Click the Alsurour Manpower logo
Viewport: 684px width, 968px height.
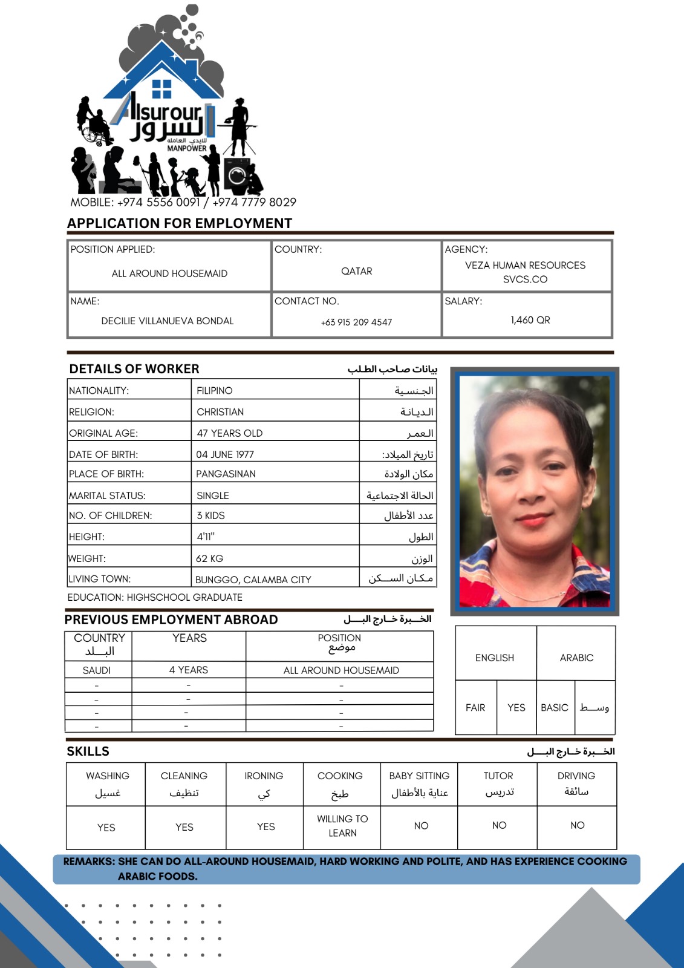(x=166, y=106)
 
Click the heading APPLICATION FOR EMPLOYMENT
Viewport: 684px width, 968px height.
(x=180, y=223)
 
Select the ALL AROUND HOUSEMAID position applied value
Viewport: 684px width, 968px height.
(x=169, y=273)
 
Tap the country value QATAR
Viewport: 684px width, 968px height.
(x=357, y=271)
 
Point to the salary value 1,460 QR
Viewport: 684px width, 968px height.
(x=530, y=320)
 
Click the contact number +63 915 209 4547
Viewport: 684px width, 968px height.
(x=356, y=322)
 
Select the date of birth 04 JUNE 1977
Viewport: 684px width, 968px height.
(x=225, y=454)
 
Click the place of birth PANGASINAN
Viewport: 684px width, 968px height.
(x=226, y=474)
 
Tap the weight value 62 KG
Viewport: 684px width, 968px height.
(x=209, y=558)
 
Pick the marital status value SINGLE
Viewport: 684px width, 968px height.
(x=213, y=495)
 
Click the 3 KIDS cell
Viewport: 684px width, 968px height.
(x=210, y=515)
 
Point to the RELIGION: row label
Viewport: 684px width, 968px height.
(x=91, y=412)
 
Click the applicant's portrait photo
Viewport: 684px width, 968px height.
(x=535, y=491)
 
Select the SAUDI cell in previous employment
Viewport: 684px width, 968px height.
(x=97, y=670)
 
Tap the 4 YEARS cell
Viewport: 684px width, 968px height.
(x=189, y=670)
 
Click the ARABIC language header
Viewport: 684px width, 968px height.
(x=576, y=658)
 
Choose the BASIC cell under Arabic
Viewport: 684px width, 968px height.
(x=555, y=707)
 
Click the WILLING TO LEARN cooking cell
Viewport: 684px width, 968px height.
(x=342, y=826)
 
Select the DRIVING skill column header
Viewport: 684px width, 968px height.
(x=576, y=776)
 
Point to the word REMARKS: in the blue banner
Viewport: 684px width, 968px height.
(x=89, y=862)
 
